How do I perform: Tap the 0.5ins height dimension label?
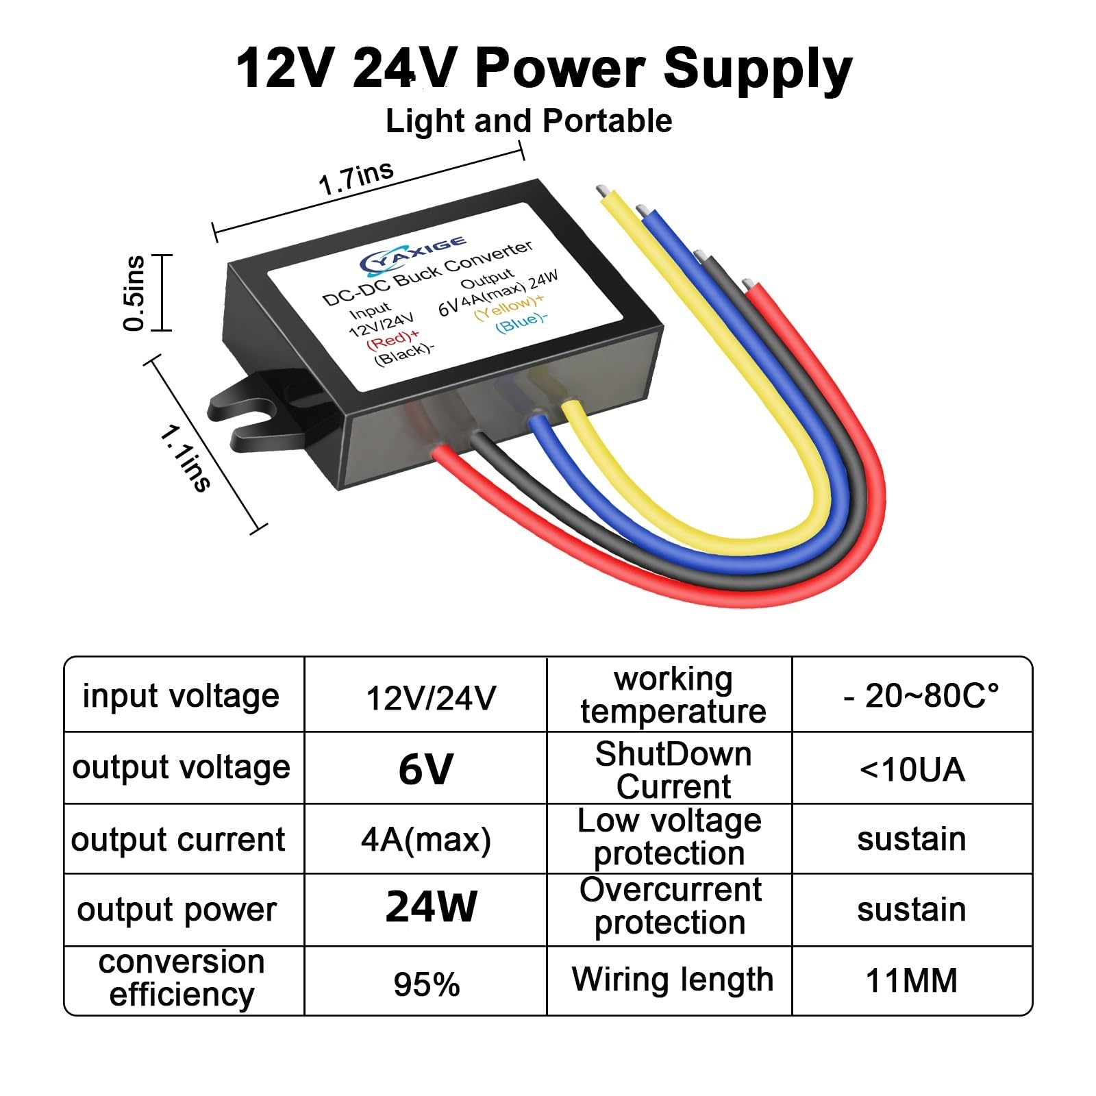click(135, 293)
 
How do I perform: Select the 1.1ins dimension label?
click(184, 458)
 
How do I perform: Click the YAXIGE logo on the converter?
click(414, 253)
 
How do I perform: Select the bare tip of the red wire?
click(748, 284)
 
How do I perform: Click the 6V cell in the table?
click(425, 769)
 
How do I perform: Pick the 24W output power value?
click(431, 908)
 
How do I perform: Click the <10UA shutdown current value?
click(912, 770)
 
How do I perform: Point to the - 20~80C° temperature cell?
click(921, 697)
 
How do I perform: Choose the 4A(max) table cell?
click(426, 839)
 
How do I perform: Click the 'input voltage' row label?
click(181, 697)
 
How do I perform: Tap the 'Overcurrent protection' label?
click(670, 906)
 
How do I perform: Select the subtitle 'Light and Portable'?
click(528, 121)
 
